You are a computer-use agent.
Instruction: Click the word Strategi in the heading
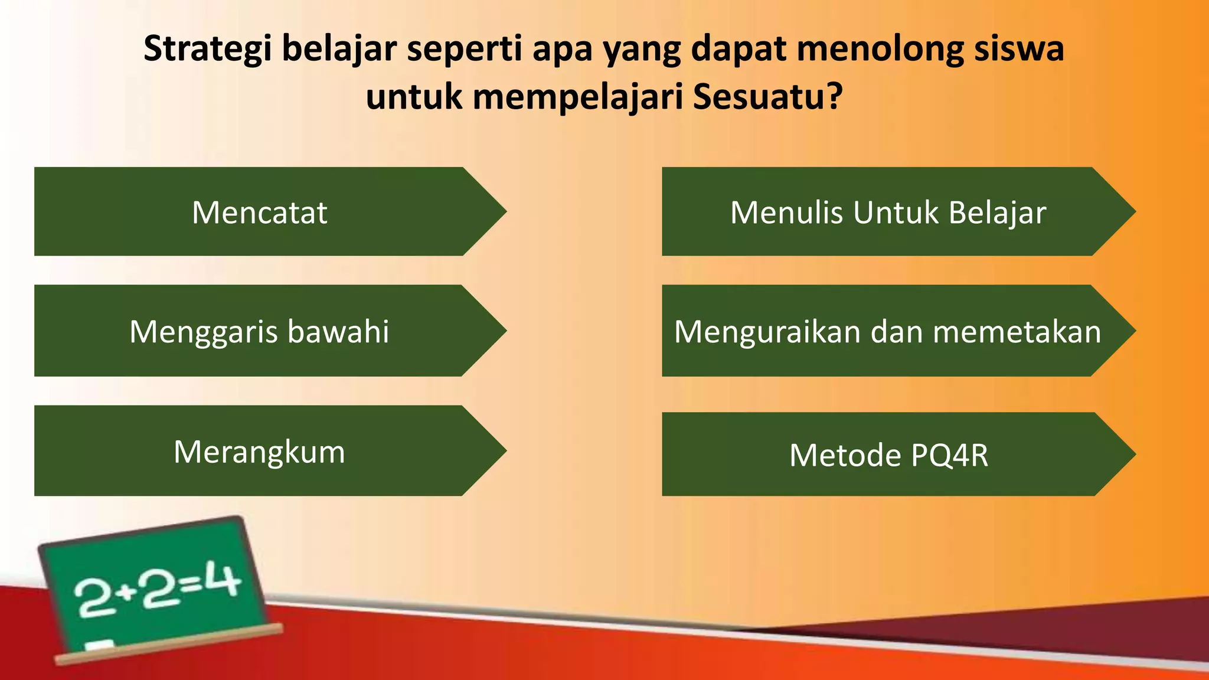[x=208, y=50]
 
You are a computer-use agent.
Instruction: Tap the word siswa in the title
[x=1019, y=48]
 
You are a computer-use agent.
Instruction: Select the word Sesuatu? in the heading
[x=767, y=97]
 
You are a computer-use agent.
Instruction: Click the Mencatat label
[x=260, y=212]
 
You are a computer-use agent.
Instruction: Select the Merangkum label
[x=259, y=452]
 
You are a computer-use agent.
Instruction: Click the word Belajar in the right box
[x=997, y=213]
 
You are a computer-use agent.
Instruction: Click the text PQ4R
[x=949, y=455]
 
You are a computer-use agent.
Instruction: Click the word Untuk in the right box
[x=896, y=212]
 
